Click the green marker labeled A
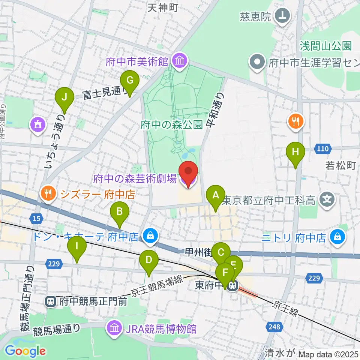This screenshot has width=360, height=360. (216, 195)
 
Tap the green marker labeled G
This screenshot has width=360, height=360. (130, 80)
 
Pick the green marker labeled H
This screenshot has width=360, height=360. (295, 153)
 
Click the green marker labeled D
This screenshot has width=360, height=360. (149, 260)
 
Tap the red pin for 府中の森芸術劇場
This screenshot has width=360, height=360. (187, 172)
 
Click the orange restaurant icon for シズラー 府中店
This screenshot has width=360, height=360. (48, 193)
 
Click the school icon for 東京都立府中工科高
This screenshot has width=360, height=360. (328, 198)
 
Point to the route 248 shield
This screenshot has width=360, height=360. (274, 327)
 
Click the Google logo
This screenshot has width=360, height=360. (25, 351)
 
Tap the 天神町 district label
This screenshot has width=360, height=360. (162, 7)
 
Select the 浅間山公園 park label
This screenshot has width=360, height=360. (325, 46)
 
